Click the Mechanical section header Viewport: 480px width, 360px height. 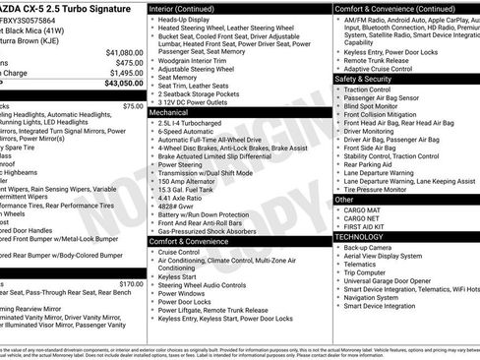coord(173,113)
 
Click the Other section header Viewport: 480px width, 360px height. coord(344,199)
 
